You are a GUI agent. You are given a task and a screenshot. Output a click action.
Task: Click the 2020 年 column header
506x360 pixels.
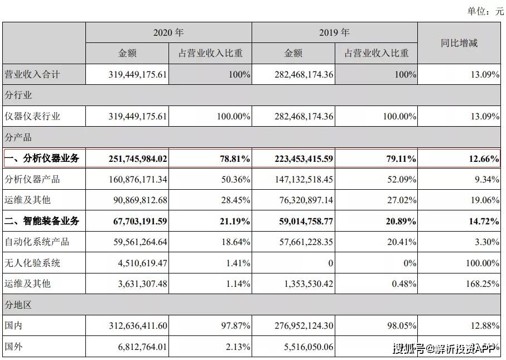click(168, 32)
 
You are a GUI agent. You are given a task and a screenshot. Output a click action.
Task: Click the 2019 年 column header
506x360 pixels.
click(334, 32)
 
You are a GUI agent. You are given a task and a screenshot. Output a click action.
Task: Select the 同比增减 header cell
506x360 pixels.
click(459, 43)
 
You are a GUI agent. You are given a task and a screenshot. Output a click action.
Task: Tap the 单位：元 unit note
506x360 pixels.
click(485, 11)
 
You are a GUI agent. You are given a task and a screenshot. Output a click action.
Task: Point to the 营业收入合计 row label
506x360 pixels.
click(32, 74)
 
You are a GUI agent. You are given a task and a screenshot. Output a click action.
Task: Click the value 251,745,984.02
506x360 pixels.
click(138, 159)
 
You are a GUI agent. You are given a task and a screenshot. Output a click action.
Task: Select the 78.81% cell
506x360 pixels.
click(235, 159)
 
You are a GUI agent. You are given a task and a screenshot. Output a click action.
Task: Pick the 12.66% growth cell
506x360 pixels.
click(484, 159)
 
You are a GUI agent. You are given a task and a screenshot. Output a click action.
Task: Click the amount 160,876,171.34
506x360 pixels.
click(138, 179)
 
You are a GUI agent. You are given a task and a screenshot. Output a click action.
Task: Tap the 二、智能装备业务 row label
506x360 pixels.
click(42, 221)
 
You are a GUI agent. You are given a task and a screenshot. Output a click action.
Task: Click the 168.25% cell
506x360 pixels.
click(483, 284)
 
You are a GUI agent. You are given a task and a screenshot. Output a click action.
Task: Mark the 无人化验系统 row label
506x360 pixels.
click(32, 263)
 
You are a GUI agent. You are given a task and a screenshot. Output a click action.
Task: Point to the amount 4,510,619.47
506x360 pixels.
click(142, 263)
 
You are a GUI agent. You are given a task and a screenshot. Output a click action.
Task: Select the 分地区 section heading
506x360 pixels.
click(18, 305)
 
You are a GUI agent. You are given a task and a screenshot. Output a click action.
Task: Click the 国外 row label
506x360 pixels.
click(13, 347)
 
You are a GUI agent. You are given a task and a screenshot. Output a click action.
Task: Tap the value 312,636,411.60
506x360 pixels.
click(138, 325)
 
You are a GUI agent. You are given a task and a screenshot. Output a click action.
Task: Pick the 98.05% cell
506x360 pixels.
click(402, 325)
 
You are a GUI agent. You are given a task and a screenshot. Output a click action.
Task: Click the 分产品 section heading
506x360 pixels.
click(18, 137)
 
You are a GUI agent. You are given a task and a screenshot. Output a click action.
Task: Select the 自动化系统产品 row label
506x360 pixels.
click(37, 242)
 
